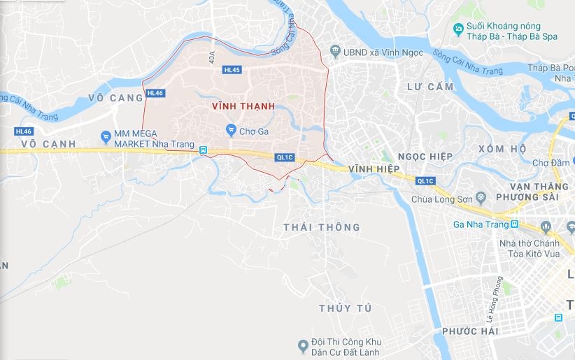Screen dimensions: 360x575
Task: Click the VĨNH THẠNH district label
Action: (241, 106)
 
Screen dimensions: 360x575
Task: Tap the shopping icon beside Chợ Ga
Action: (231, 130)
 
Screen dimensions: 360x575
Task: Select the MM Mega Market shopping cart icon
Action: (106, 136)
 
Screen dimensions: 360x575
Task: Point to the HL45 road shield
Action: (232, 70)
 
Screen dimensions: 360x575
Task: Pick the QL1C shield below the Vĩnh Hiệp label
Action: (425, 181)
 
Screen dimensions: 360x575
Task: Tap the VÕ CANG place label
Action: (115, 98)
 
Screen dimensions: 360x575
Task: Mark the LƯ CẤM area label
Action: (430, 87)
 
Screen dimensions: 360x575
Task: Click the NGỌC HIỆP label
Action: (426, 155)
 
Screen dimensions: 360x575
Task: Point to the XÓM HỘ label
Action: (502, 149)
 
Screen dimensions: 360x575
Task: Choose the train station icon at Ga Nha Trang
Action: (514, 224)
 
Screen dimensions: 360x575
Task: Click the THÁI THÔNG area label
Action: (322, 227)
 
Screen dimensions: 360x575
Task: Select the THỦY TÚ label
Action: (345, 308)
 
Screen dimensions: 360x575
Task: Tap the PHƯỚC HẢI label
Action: (470, 331)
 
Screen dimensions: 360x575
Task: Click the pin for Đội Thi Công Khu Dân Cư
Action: (303, 345)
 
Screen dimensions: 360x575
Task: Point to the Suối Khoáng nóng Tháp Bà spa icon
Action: (457, 29)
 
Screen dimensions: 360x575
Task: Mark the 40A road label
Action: (212, 57)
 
